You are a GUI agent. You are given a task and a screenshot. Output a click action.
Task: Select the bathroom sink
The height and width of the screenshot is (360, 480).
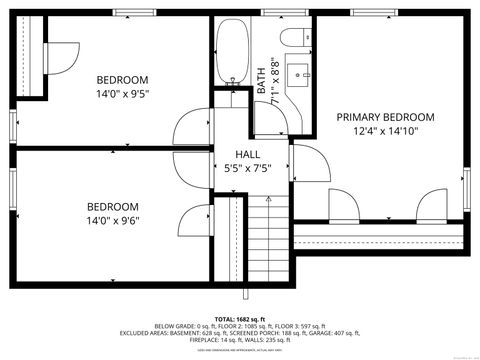click(300, 74)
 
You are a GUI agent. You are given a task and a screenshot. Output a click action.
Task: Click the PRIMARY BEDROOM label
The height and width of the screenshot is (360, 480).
click(384, 116)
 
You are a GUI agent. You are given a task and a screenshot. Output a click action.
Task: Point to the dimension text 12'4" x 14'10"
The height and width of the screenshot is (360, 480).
click(384, 130)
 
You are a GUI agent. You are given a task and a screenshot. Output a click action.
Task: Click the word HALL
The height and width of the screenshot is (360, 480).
click(248, 154)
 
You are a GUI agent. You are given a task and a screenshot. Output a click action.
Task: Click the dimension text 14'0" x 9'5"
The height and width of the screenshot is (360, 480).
click(122, 94)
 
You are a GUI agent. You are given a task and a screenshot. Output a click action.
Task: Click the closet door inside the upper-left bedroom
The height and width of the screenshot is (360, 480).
click(60, 56)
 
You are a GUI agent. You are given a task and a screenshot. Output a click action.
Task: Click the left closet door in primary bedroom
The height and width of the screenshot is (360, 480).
click(343, 206)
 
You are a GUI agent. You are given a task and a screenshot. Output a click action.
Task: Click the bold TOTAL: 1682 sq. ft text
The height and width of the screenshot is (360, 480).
click(239, 317)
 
